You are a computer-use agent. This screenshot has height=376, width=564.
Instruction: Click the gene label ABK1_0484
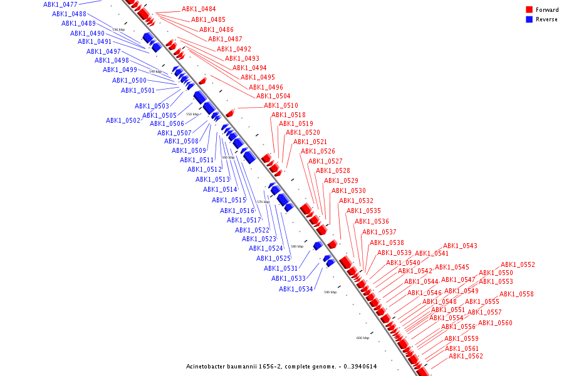199,9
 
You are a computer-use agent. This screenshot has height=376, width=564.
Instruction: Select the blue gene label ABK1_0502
123,121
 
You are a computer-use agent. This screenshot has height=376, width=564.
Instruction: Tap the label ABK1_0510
281,106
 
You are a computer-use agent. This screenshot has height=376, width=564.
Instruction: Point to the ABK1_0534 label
296,289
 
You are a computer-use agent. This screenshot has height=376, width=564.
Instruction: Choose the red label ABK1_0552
518,265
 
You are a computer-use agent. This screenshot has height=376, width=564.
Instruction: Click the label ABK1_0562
466,357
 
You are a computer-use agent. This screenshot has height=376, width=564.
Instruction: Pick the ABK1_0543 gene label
460,246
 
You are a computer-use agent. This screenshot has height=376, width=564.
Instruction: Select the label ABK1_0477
60,4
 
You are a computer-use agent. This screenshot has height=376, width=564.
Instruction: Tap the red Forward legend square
529,10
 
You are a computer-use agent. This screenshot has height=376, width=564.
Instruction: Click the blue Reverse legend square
529,19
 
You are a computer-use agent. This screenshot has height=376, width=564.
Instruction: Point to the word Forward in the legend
547,10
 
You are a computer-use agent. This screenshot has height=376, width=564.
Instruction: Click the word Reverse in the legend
546,19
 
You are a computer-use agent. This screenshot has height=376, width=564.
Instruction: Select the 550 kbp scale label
192,115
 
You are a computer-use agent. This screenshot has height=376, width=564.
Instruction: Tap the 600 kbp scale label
363,338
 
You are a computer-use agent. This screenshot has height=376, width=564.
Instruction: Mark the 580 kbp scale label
296,246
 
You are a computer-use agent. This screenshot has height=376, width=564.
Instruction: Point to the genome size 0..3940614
356,367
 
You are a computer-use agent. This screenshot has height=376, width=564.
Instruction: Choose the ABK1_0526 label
318,152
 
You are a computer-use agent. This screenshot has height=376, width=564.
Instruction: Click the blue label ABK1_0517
244,221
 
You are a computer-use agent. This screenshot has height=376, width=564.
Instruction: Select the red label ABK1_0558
516,295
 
